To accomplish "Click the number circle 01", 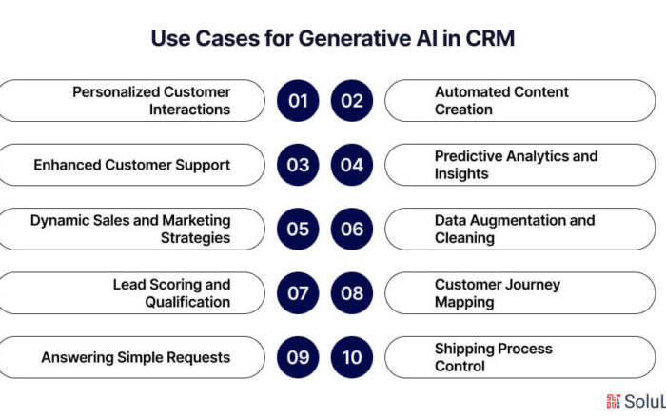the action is [x=298, y=101].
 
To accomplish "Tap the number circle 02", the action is [x=352, y=101].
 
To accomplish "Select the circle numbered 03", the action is [x=298, y=165].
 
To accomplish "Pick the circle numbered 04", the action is [x=352, y=165].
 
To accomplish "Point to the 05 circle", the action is [x=298, y=230].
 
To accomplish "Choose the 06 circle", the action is [x=352, y=230].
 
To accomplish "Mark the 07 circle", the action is [x=298, y=293].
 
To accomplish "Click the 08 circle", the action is [x=352, y=293].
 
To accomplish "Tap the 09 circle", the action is [x=298, y=357].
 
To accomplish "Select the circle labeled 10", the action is [x=352, y=357].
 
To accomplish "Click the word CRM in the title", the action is [x=490, y=38].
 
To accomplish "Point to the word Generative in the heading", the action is [x=355, y=38].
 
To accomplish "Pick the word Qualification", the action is [x=187, y=302].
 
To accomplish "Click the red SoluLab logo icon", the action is [x=614, y=401].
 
